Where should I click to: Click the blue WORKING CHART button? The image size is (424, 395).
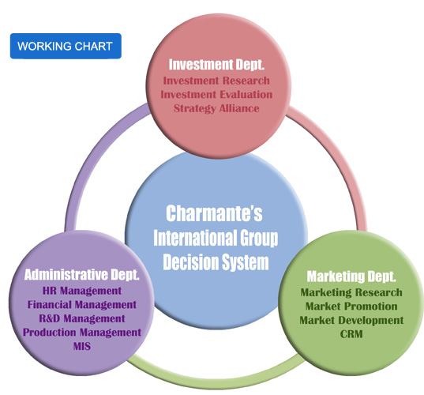pos(66,46)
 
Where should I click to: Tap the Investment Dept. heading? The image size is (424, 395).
pos(216,65)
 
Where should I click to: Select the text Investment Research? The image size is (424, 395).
pos(216,81)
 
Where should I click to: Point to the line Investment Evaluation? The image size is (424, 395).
pos(216,95)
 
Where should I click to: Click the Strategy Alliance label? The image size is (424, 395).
pos(216,108)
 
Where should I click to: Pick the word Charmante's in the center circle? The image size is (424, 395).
pos(214,213)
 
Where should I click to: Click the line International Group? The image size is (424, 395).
pos(216,238)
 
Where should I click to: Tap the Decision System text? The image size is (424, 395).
pos(216,262)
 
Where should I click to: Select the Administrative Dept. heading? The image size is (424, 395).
pos(81,275)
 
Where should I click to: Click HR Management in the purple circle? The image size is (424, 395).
pos(81,291)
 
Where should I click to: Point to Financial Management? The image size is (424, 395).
pos(81,305)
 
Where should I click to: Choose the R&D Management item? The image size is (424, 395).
pos(81,318)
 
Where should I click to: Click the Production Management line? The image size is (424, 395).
pos(81,333)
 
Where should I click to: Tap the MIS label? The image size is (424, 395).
pos(81,346)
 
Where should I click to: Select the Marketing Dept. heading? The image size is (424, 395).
pos(351,276)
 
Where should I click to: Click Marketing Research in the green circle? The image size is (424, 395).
pos(351,292)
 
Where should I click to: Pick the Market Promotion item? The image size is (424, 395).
pos(351,307)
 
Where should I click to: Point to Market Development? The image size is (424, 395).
pos(351,320)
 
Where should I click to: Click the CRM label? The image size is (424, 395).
pos(351,334)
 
